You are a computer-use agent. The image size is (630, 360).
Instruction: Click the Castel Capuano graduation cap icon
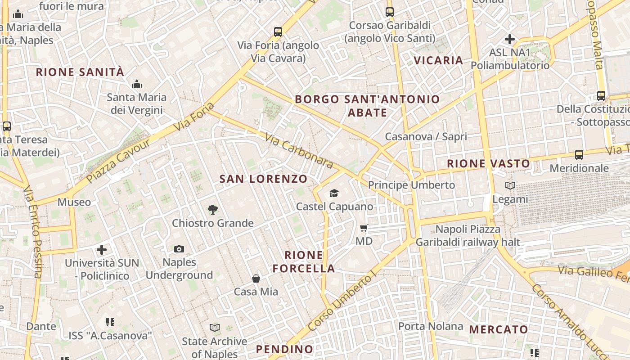[x=333, y=193]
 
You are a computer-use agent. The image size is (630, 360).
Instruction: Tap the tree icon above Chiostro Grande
[x=213, y=209]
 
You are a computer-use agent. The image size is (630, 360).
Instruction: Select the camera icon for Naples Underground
[x=179, y=249]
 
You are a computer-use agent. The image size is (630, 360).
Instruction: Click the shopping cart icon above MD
[x=364, y=228]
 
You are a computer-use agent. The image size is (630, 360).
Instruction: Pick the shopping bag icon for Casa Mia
[x=256, y=279]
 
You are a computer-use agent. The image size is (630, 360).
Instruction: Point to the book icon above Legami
[x=510, y=185]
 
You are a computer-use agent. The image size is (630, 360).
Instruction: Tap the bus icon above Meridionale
[x=579, y=155]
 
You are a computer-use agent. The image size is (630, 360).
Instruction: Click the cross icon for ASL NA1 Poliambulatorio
[x=510, y=39]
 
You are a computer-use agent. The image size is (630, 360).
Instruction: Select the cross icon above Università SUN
[x=102, y=249]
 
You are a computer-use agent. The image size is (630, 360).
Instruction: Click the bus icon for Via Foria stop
[x=278, y=32]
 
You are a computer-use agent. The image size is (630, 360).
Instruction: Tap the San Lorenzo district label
[x=263, y=179]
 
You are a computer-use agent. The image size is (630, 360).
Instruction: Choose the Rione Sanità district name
[x=80, y=72]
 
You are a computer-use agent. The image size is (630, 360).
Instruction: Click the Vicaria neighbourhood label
[x=438, y=60]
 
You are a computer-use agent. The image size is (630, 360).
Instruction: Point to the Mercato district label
[x=499, y=329]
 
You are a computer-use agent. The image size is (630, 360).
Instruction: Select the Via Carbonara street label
[x=298, y=150]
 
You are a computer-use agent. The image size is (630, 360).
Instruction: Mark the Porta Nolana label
[x=431, y=326]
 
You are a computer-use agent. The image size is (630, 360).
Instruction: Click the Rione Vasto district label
[x=488, y=163]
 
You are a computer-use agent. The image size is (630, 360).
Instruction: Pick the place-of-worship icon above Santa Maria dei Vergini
[x=137, y=84]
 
